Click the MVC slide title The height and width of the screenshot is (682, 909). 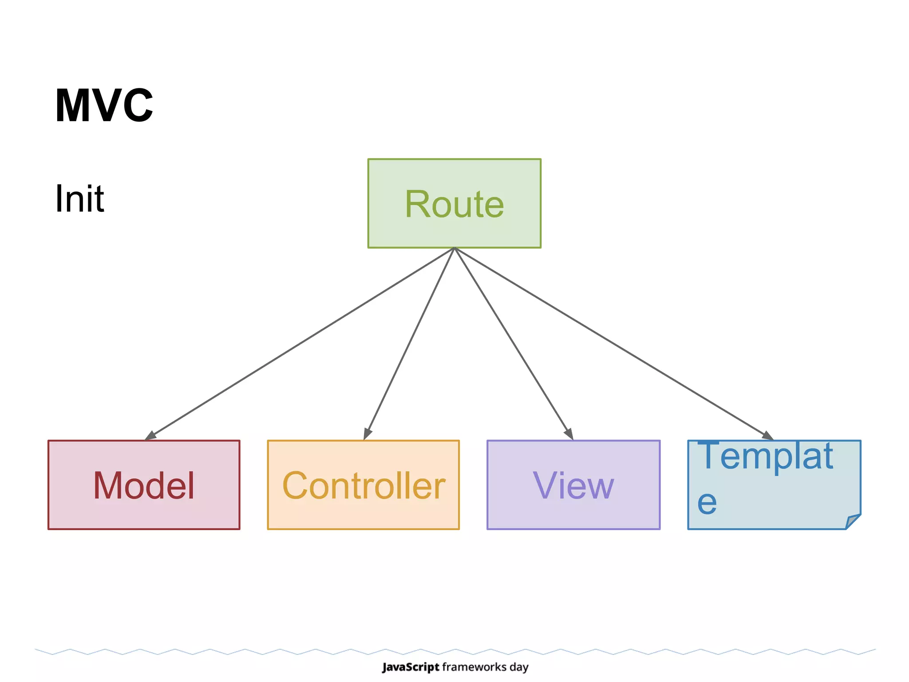[104, 106]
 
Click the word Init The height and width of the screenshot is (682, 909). [79, 198]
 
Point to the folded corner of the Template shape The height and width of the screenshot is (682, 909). [853, 521]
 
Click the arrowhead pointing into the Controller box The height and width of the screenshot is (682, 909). [367, 433]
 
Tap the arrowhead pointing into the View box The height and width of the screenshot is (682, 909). [569, 433]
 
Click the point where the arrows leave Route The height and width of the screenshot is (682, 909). [454, 248]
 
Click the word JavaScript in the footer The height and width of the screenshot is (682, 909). [411, 667]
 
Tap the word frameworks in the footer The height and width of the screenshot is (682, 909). [474, 667]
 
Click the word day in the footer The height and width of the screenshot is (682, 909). [519, 667]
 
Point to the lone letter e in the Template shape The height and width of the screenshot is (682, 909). [707, 503]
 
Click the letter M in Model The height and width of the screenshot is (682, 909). [107, 485]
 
